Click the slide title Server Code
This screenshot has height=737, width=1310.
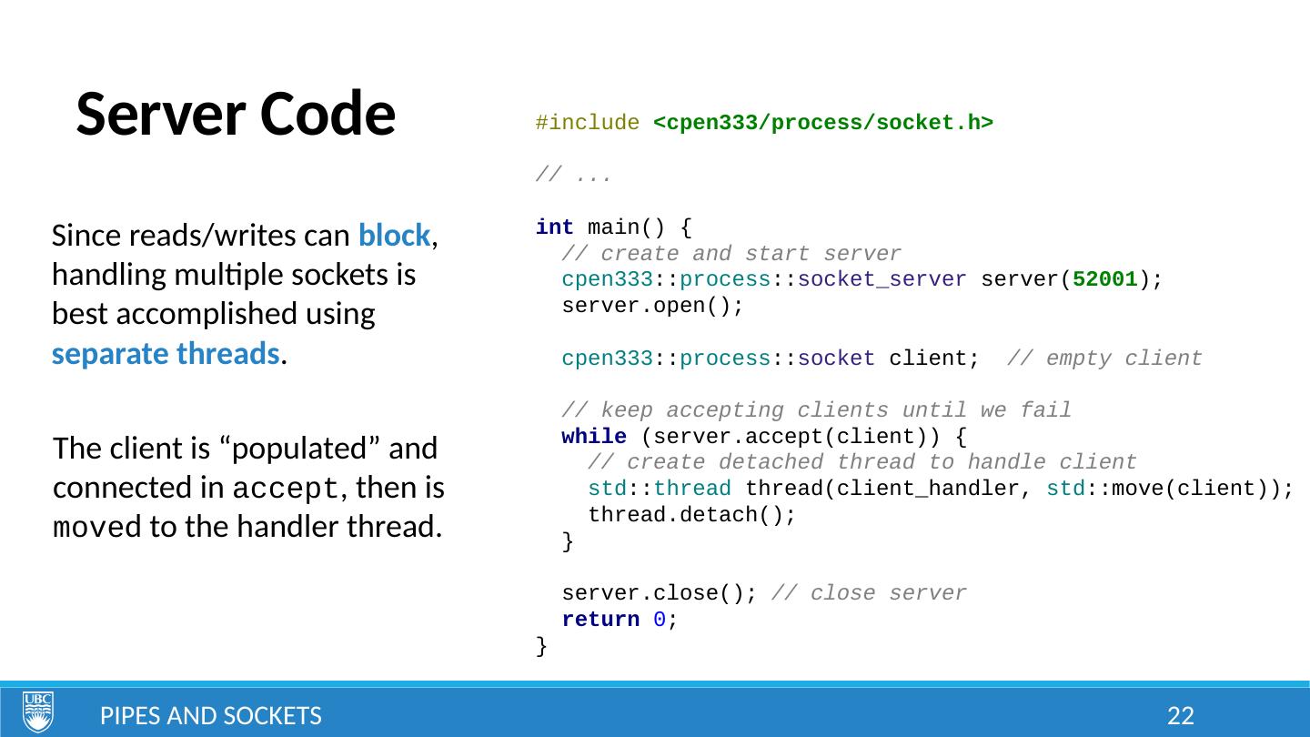click(236, 115)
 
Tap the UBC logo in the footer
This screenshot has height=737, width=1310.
click(38, 712)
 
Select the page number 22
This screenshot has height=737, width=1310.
click(1180, 716)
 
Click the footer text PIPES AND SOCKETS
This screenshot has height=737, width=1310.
click(210, 716)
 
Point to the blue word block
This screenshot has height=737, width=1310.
click(394, 236)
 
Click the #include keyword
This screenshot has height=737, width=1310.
click(587, 123)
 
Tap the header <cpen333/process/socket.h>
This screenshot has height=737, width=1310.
click(822, 123)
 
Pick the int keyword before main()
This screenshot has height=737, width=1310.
click(554, 227)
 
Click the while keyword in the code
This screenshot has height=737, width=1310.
click(594, 437)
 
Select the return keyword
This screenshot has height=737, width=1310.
click(600, 620)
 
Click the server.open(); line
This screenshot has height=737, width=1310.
click(652, 306)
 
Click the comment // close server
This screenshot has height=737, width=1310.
click(869, 594)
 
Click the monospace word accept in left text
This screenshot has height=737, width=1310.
click(286, 490)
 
